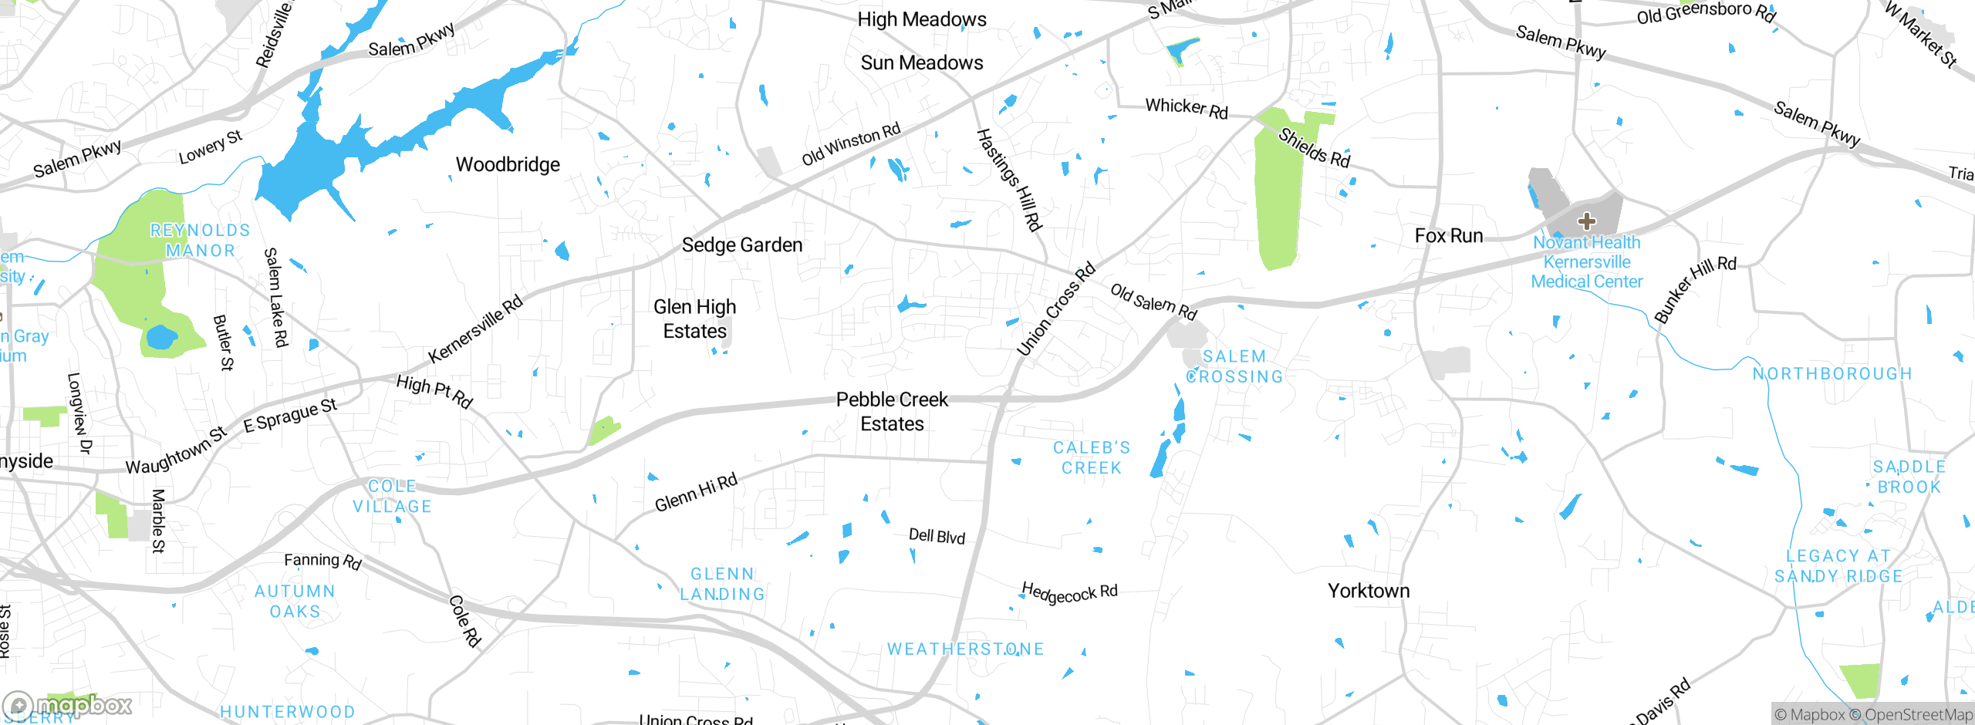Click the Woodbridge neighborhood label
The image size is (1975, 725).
(x=508, y=164)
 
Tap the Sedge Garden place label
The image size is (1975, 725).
(x=741, y=244)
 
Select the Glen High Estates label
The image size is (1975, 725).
(x=694, y=319)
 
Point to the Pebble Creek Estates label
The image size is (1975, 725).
(x=892, y=411)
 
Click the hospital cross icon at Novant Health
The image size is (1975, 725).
(x=1586, y=222)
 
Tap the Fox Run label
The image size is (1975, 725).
(x=1448, y=235)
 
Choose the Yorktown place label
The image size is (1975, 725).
(x=1368, y=591)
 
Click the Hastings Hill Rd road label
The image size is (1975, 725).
(x=1009, y=180)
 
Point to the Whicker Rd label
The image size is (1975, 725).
(x=1186, y=108)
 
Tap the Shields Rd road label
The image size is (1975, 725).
(x=1314, y=147)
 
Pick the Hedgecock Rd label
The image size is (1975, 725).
(x=1069, y=593)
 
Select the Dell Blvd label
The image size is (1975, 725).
(x=936, y=536)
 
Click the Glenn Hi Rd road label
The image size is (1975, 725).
(x=695, y=493)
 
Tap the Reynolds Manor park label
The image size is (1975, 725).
(x=200, y=240)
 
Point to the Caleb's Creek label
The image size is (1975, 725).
(x=1091, y=457)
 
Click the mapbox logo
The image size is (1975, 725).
(x=68, y=705)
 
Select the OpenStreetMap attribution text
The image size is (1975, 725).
(x=1918, y=715)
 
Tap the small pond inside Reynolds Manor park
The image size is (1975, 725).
(x=161, y=337)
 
